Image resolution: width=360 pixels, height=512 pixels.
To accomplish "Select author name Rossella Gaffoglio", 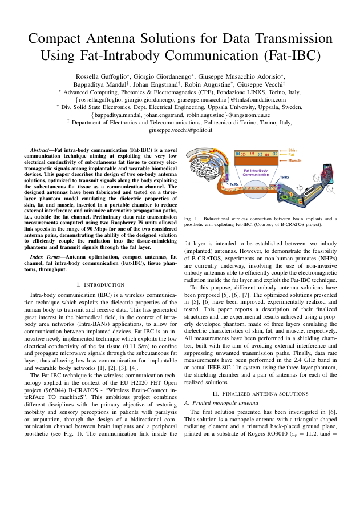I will [100, 76].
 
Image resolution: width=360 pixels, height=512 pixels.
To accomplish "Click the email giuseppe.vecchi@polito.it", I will [180, 130].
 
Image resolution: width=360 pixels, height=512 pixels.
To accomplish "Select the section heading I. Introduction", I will [100, 284].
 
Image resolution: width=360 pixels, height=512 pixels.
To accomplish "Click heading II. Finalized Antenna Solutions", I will [260, 394].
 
